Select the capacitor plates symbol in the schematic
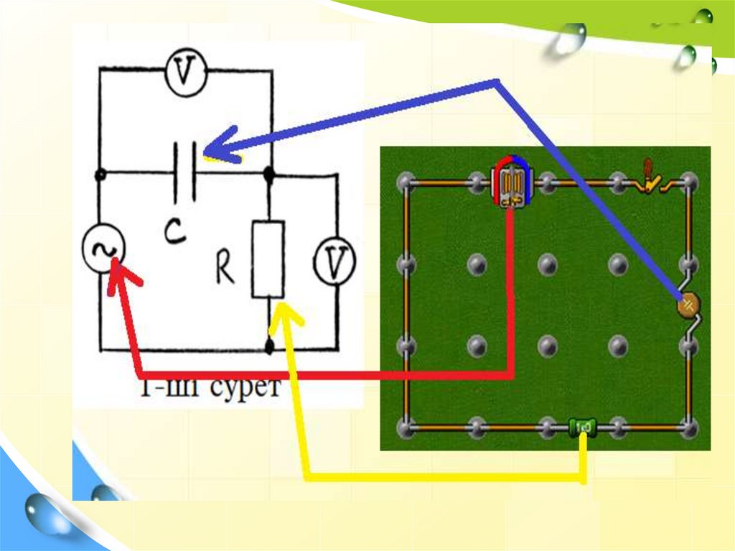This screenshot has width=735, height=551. [184, 172]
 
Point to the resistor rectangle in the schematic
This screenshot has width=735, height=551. [268, 259]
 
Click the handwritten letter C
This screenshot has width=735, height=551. [173, 233]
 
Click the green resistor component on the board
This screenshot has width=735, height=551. [582, 428]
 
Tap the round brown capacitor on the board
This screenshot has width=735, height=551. [688, 305]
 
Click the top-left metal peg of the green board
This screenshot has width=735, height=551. [407, 182]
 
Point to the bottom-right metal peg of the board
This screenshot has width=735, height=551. [688, 429]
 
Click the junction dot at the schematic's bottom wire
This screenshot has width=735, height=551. [269, 348]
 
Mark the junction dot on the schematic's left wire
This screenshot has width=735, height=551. [100, 175]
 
